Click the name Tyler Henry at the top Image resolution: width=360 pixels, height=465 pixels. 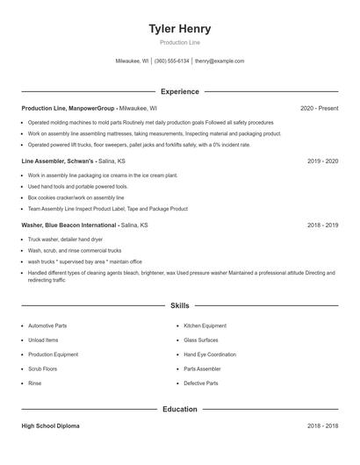tap(180, 28)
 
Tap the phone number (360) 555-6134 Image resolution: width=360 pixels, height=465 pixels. tap(171, 61)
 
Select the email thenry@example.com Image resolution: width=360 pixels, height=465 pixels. tap(220, 61)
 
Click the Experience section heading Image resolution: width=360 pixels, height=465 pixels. tap(180, 91)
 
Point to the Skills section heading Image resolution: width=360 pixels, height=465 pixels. tap(180, 305)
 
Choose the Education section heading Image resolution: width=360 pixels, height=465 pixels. tap(180, 409)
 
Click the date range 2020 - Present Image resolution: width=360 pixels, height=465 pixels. tap(319, 108)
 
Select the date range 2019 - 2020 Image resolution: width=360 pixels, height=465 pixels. tap(322, 161)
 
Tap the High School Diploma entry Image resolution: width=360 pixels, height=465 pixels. tap(50, 426)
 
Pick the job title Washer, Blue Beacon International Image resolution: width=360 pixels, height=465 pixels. tap(70, 225)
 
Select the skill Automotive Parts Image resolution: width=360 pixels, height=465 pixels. tap(47, 325)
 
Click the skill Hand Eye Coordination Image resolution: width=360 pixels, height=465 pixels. tap(210, 354)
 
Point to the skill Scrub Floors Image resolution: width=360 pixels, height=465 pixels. tap(44, 368)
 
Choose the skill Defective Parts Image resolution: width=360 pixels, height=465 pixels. tap(201, 383)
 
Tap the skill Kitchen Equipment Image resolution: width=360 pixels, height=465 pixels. tap(205, 325)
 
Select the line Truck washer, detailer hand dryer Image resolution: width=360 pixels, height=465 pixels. tap(65, 239)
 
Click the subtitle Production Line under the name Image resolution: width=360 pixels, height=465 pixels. tap(180, 42)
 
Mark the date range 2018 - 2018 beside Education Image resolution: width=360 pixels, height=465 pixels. tap(322, 426)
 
